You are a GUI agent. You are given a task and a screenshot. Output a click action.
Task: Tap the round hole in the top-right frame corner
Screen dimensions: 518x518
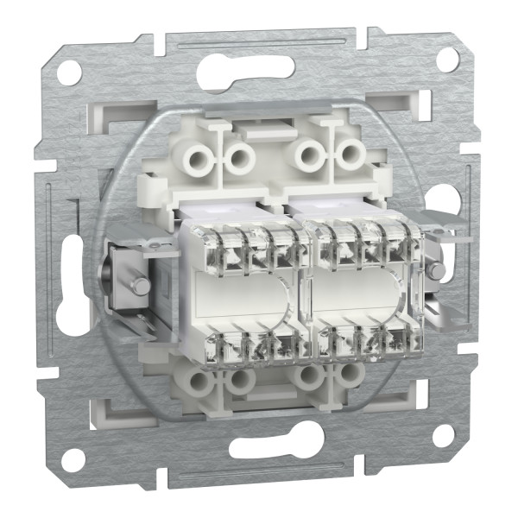point(447,59)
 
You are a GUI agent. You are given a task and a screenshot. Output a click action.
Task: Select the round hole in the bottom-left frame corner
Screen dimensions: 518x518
point(74,459)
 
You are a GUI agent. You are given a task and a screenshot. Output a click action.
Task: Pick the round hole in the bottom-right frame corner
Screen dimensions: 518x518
point(443,436)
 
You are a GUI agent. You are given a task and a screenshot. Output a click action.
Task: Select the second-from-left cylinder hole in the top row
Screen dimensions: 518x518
point(238,157)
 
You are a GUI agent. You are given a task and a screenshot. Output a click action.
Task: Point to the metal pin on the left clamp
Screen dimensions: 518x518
point(136,286)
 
